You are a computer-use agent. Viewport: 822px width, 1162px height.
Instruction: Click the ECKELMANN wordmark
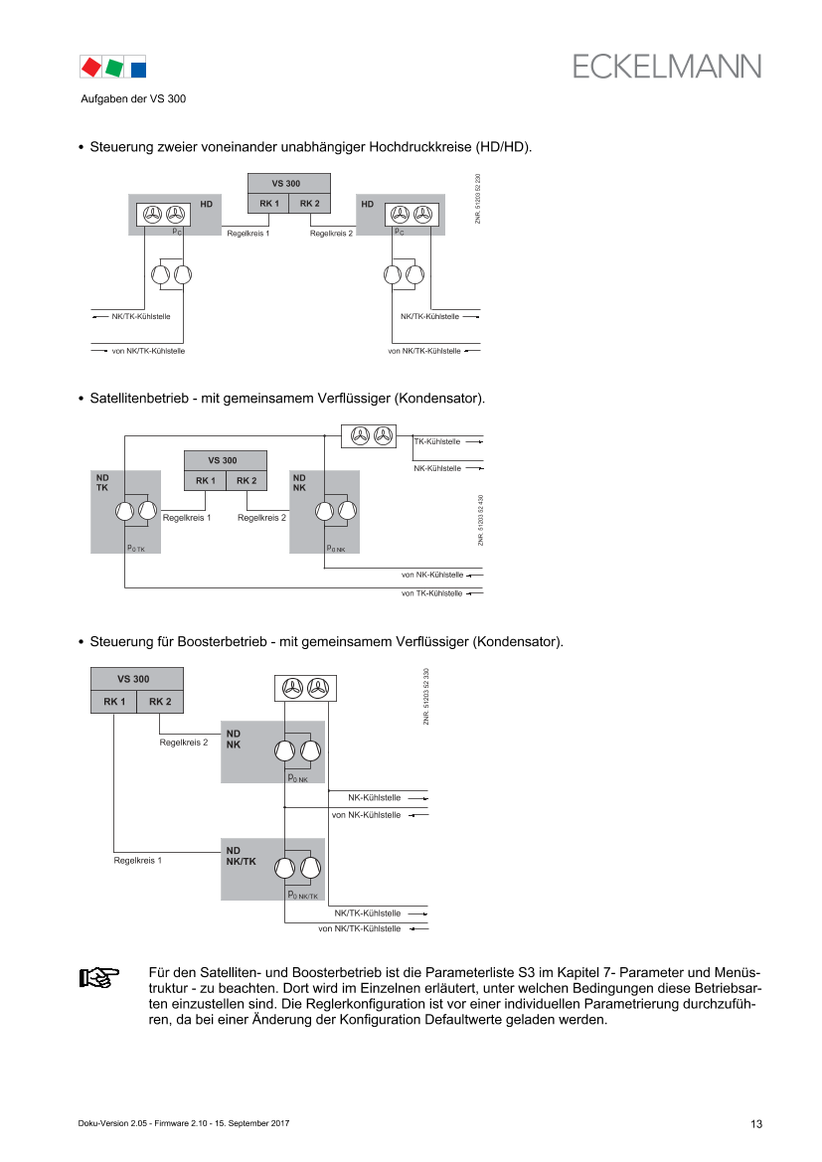666,66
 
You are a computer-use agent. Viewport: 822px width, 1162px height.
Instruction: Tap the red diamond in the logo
90,67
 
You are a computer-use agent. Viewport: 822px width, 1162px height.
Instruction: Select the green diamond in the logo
114,67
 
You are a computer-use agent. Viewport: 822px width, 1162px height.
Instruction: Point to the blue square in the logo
138,68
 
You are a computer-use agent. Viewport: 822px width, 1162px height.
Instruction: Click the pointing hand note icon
98,977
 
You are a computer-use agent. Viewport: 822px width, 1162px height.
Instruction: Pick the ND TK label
101,482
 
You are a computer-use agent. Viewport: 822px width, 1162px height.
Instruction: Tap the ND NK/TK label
241,856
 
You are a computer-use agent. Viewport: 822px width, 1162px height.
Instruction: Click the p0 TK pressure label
136,548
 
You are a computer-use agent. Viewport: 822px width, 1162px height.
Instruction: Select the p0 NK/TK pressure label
302,896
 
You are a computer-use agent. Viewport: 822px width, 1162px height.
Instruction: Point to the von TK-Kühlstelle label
431,592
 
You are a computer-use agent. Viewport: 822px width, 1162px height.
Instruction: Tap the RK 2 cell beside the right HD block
309,204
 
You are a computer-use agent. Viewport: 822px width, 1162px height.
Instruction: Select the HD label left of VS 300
207,204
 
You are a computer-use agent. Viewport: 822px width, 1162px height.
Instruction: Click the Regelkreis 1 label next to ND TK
187,518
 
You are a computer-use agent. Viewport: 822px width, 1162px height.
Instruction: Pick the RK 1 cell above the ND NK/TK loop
114,702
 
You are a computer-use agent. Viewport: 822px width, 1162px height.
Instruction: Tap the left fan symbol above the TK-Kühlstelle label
360,435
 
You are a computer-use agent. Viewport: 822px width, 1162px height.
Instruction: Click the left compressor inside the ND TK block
124,512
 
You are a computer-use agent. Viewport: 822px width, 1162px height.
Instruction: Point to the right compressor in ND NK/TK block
310,868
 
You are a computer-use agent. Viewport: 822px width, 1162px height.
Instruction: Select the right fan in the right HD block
423,214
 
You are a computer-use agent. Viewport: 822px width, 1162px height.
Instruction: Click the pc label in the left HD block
175,231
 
